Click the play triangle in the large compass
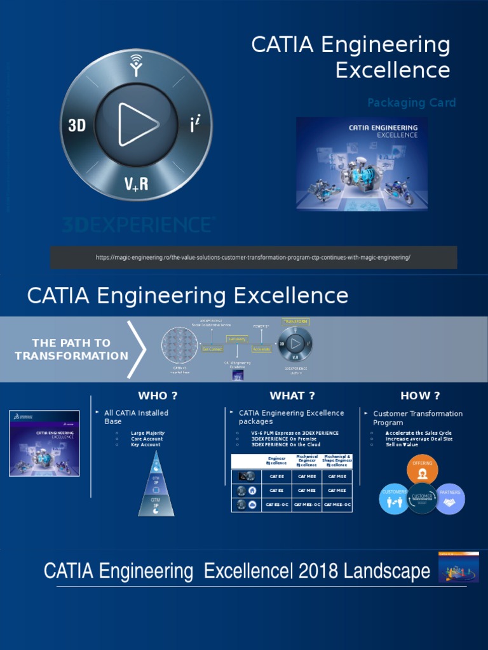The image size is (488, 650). click(x=138, y=124)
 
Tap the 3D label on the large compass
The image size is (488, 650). click(x=77, y=126)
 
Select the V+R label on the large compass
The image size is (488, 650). click(x=136, y=184)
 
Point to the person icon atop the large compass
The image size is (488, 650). click(x=135, y=65)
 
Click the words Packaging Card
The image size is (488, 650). click(x=411, y=103)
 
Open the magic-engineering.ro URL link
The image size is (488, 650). click(x=253, y=257)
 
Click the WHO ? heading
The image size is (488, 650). click(x=158, y=396)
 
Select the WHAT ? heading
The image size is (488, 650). click(x=292, y=396)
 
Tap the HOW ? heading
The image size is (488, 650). click(x=420, y=396)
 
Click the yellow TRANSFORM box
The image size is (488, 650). click(x=295, y=322)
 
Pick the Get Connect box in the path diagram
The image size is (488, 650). click(x=212, y=348)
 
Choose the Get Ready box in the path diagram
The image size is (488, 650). click(x=237, y=339)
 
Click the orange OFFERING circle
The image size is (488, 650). click(x=423, y=470)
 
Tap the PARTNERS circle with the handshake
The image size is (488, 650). click(x=450, y=498)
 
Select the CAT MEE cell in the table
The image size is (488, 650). click(x=307, y=476)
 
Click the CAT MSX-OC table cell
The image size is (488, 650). click(x=337, y=505)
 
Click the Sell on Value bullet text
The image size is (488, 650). click(x=403, y=445)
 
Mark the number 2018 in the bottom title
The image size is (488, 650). click(x=316, y=572)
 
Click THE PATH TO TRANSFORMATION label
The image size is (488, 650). click(x=71, y=349)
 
